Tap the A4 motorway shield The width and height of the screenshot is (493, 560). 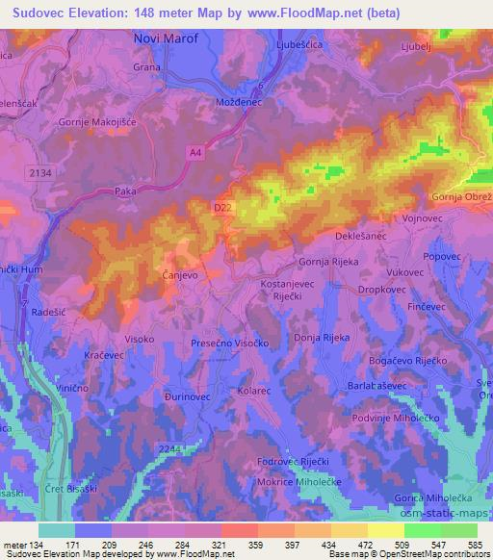click(195, 151)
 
